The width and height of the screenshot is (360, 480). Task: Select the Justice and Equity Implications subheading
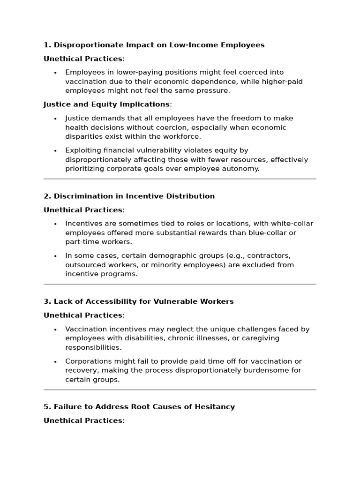pos(106,104)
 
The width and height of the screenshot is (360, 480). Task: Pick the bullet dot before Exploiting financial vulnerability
pos(55,151)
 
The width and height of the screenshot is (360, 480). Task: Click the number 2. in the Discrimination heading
pos(47,196)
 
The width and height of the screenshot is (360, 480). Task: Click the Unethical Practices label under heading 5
pos(83,420)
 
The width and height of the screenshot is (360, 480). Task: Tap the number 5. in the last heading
pos(47,406)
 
